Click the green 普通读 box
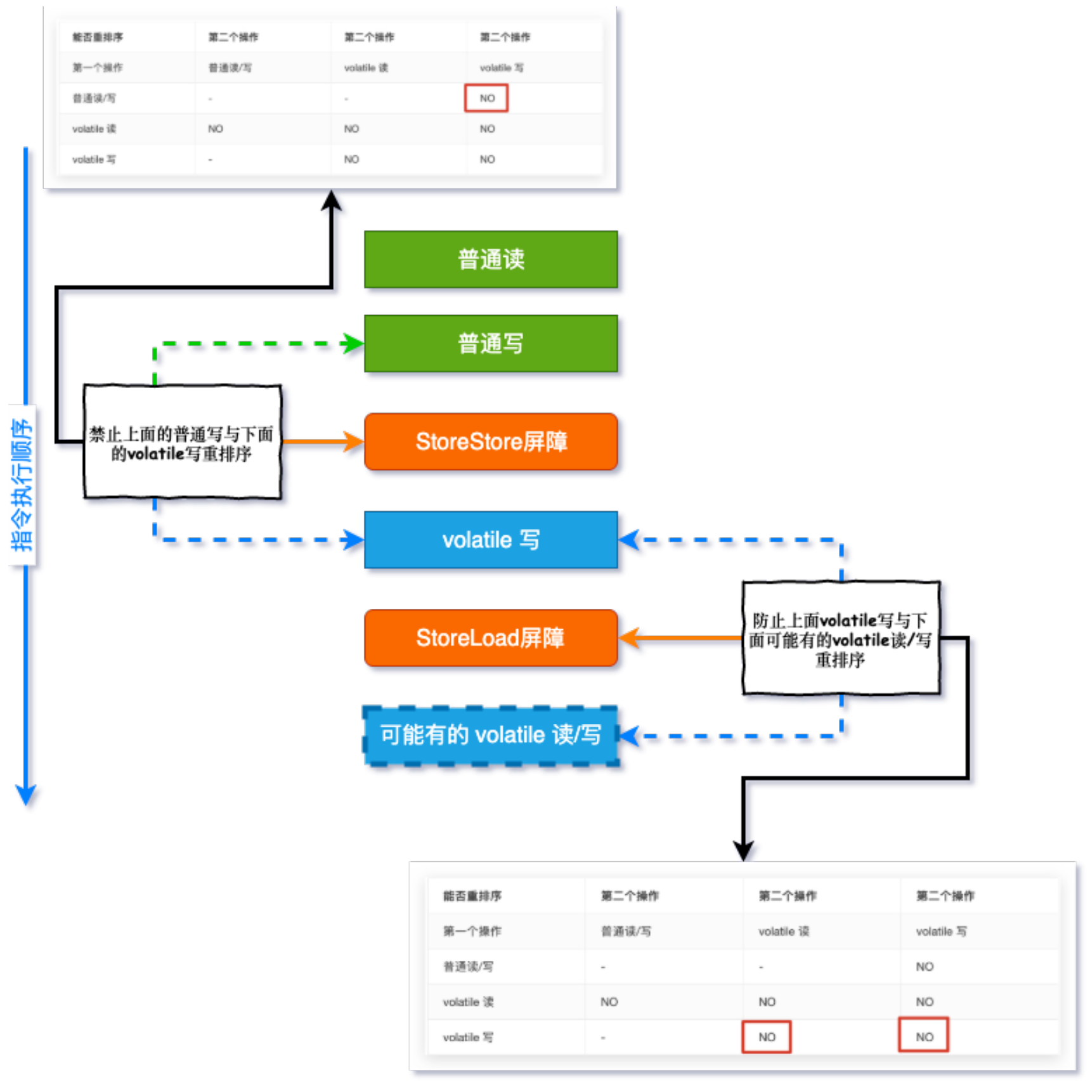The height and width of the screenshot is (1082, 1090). click(x=491, y=259)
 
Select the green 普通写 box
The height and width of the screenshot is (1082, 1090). click(x=491, y=344)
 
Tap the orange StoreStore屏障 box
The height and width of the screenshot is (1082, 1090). click(x=491, y=441)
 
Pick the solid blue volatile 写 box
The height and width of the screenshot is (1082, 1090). click(x=491, y=540)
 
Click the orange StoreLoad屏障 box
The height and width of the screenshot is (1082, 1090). click(x=491, y=638)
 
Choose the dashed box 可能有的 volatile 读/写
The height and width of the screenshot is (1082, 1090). click(x=491, y=735)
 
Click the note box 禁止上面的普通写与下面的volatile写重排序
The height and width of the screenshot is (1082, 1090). click(x=182, y=442)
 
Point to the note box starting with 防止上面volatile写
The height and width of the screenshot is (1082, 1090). click(x=840, y=639)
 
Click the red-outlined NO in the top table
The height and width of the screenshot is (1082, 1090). click(x=486, y=98)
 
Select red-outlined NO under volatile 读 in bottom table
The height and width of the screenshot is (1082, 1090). click(x=767, y=1037)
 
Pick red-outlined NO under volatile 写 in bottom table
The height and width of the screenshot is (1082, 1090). click(x=924, y=1037)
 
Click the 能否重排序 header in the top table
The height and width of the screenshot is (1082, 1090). click(x=98, y=37)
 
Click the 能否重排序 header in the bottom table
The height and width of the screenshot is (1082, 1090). click(x=472, y=896)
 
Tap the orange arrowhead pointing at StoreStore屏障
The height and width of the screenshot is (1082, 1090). click(x=354, y=441)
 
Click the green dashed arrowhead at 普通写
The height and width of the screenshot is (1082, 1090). click(x=353, y=344)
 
